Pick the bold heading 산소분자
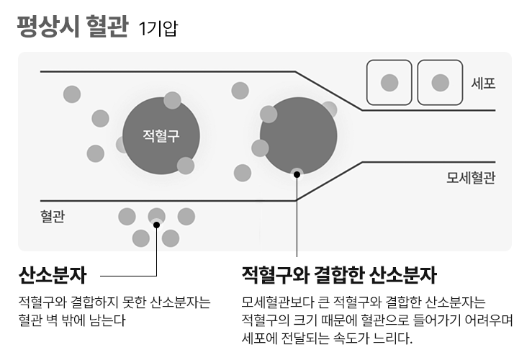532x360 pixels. pos(53,275)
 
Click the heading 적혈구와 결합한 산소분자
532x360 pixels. pos(339,275)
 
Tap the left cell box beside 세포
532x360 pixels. pos(389,83)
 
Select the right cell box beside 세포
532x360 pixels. pos(440,83)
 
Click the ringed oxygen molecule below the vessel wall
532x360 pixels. pos(156,216)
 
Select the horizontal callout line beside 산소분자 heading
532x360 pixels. pos(128,275)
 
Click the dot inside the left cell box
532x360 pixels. pos(389,83)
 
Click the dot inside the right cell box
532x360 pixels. pos(440,83)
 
